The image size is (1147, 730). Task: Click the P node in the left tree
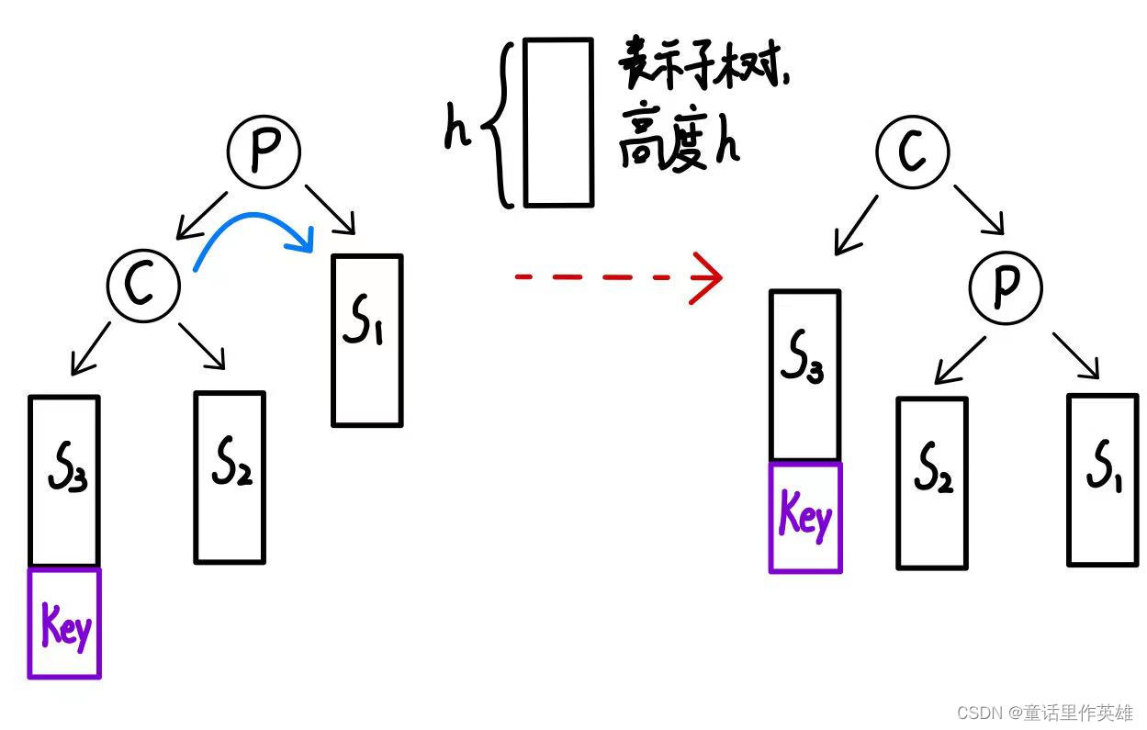(264, 153)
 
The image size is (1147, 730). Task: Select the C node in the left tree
(142, 286)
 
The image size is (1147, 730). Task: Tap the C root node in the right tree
(912, 152)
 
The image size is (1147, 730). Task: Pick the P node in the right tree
(1006, 286)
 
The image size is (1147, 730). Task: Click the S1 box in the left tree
(366, 341)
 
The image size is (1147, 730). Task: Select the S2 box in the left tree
(230, 477)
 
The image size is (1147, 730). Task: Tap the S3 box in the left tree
(63, 481)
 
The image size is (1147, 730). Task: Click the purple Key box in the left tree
(64, 623)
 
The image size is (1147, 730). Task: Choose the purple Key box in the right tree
(805, 518)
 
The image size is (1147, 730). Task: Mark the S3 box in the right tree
(804, 375)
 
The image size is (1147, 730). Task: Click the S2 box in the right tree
(931, 483)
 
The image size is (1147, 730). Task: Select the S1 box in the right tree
(1102, 479)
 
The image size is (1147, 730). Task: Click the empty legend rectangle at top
(558, 122)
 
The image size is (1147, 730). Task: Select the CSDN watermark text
(1044, 713)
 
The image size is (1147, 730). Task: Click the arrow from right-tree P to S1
(1076, 355)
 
